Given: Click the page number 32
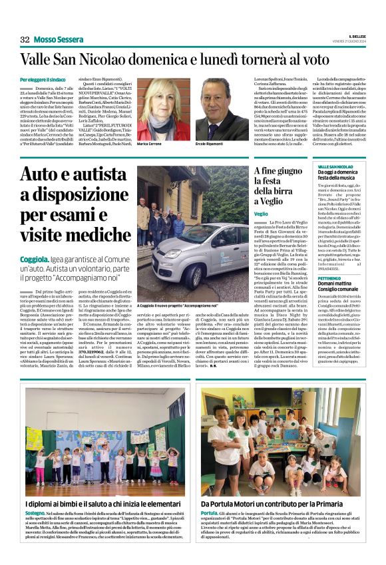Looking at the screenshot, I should tap(25, 39).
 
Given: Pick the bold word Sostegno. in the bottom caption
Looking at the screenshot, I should tap(31, 495).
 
